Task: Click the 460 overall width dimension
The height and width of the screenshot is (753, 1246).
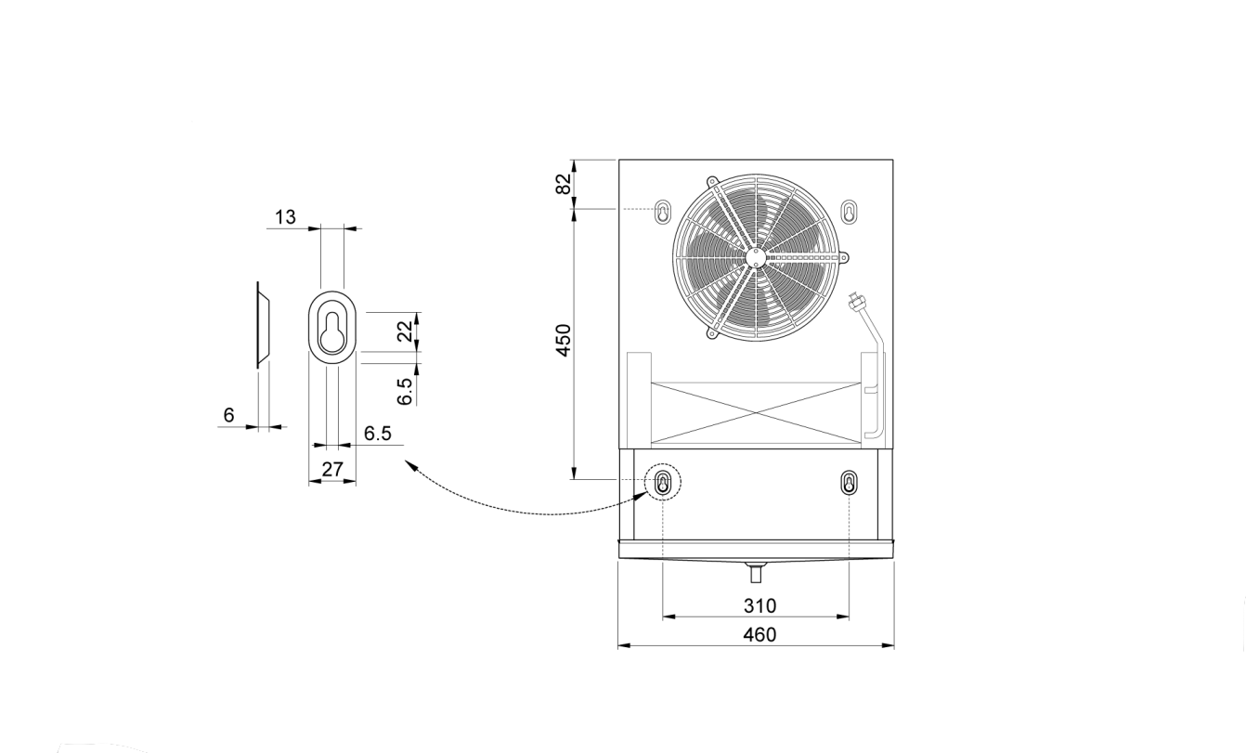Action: pos(759,634)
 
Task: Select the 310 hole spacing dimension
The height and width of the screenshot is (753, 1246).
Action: pos(759,605)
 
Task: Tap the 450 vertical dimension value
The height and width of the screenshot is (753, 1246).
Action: pos(564,340)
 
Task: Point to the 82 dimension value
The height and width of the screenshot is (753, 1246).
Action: pos(564,184)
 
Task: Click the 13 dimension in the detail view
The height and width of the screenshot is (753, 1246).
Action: pos(285,217)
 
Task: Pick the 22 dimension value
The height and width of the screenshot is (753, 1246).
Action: pos(408,331)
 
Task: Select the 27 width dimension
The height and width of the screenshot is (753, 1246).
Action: pos(332,470)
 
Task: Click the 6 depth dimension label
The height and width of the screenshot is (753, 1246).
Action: pos(228,415)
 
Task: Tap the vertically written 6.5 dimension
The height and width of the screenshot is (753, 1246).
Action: pos(405,392)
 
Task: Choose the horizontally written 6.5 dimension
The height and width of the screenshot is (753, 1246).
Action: pos(378,434)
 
